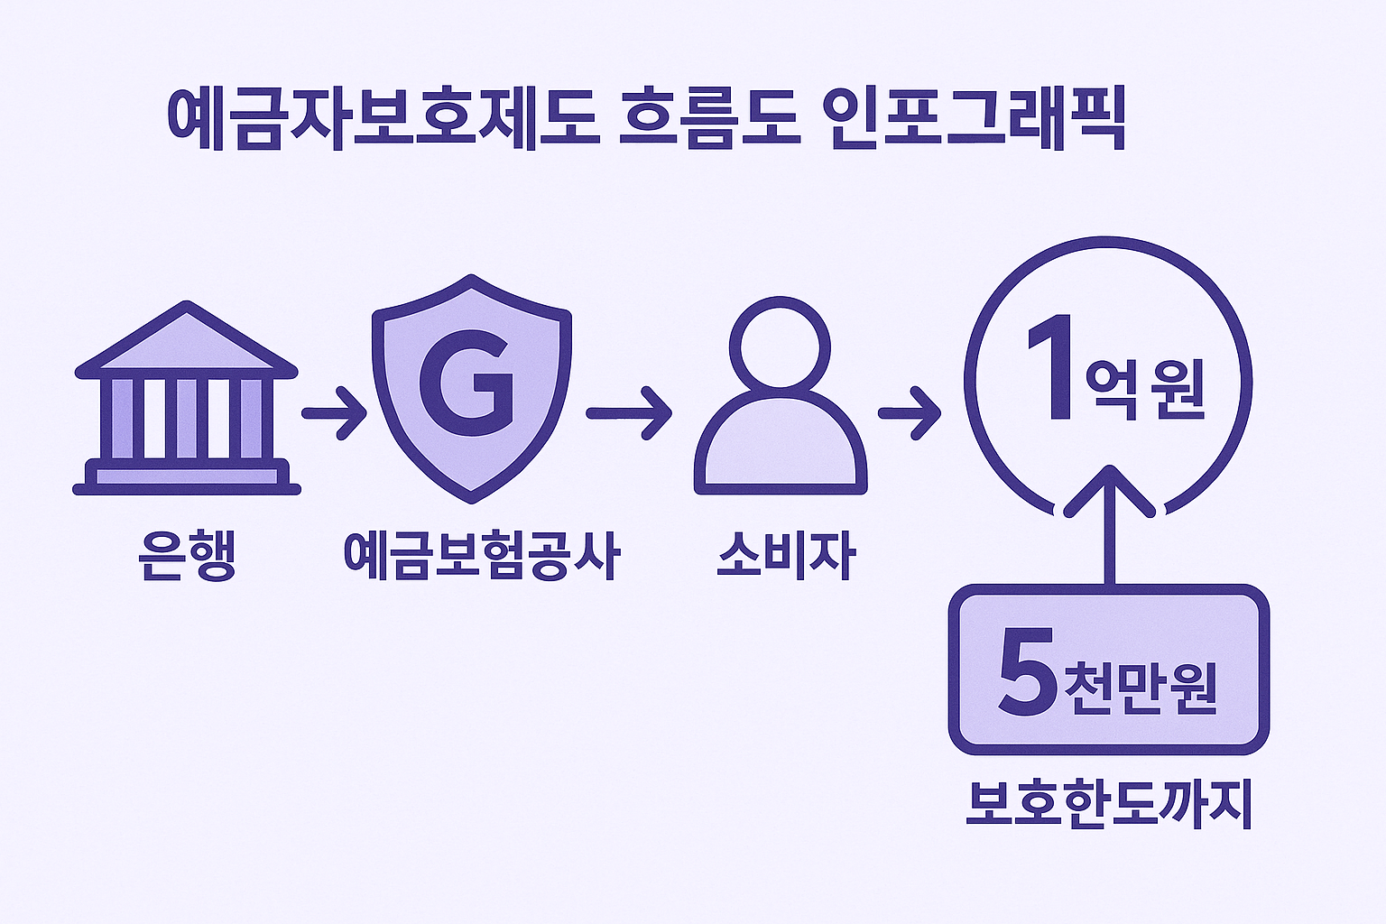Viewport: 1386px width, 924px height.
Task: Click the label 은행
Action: click(187, 557)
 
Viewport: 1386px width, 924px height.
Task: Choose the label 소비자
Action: click(785, 557)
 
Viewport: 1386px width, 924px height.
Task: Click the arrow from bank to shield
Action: click(333, 413)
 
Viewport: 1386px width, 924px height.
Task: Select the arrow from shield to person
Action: click(628, 413)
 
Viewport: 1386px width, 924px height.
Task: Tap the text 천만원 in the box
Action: click(1141, 688)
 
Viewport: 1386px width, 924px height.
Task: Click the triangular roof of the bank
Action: click(187, 341)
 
